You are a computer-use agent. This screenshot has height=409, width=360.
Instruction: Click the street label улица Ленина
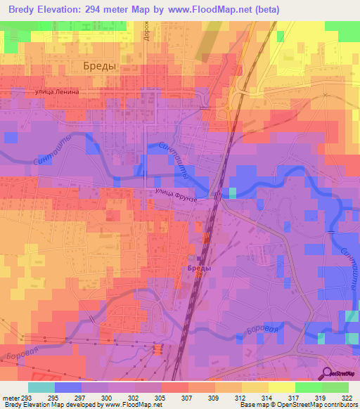(x=61, y=92)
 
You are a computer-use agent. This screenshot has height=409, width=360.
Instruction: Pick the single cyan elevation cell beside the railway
(x=233, y=193)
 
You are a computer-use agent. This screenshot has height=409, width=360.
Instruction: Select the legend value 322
(x=348, y=398)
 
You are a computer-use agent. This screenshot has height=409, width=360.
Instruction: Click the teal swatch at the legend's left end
(x=41, y=387)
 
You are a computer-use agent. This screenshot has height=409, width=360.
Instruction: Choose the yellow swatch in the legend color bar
(x=281, y=387)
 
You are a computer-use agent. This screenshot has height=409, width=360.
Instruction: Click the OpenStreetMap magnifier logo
(x=327, y=374)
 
